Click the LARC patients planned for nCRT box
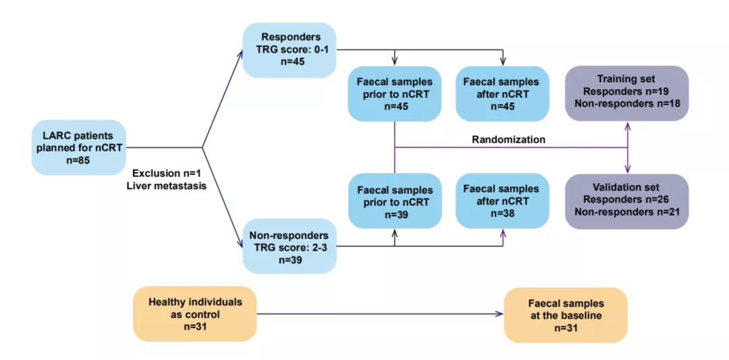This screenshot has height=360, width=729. (79, 147)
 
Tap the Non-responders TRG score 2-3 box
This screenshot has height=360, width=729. (289, 247)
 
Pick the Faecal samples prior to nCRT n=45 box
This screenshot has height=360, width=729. (394, 93)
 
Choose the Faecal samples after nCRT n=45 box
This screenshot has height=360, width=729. (501, 93)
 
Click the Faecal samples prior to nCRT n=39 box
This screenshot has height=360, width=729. (394, 201)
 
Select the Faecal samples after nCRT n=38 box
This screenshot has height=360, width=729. (501, 201)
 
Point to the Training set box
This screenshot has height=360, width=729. (627, 93)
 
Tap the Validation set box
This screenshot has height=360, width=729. (627, 201)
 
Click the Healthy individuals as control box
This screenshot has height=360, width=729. (195, 313)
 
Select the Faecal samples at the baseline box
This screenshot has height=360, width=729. (565, 313)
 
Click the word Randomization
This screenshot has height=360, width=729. (508, 140)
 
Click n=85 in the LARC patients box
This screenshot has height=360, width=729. (79, 161)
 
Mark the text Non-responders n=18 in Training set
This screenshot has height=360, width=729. (627, 104)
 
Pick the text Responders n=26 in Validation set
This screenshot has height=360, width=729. (627, 201)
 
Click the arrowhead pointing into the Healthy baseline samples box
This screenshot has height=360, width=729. (500, 313)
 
